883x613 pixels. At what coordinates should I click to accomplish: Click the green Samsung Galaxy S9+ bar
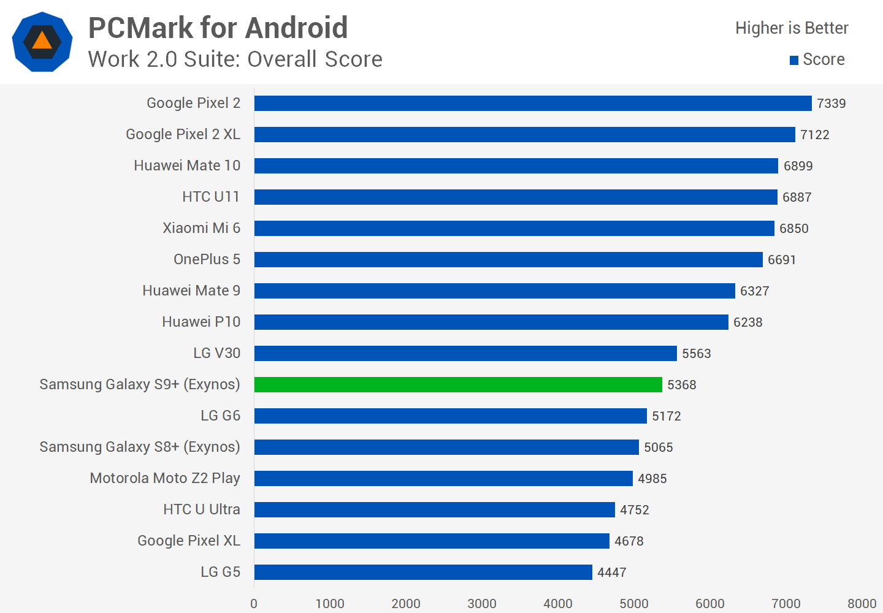coord(458,384)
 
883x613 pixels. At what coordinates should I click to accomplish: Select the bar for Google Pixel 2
coord(533,103)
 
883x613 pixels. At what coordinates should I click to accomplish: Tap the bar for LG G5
coord(423,572)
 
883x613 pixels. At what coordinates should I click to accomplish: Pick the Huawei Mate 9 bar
coord(494,291)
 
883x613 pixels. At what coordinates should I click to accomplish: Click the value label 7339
coord(831,104)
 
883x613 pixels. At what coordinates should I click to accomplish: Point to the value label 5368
coord(681,385)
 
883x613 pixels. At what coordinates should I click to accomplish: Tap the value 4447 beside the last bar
coord(611,573)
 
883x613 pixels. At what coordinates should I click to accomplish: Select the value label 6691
coord(781,260)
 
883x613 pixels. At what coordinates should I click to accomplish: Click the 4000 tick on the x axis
coord(557,604)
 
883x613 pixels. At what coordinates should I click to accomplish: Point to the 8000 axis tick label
coord(862,604)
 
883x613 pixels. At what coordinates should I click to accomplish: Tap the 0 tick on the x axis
coord(254,604)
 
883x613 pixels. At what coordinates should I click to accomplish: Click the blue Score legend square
coord(794,60)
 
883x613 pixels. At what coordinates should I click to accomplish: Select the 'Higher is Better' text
coord(792,28)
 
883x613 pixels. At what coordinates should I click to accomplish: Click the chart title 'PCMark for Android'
coord(218,28)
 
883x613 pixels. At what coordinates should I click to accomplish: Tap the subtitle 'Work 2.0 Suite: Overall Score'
coord(235,59)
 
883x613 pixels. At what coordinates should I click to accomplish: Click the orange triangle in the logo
coord(42,40)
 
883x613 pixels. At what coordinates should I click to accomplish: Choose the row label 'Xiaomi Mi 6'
coord(201,228)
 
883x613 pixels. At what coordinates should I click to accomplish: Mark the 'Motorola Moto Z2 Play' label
coord(164,478)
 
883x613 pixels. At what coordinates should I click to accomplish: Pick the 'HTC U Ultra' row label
coord(201,509)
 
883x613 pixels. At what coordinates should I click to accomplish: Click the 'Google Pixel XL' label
coord(188,541)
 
